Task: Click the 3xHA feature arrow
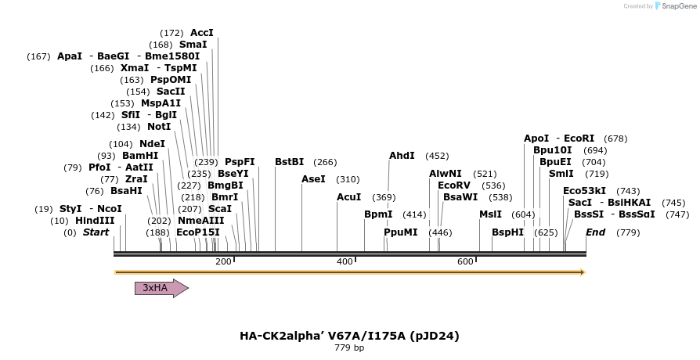(161, 288)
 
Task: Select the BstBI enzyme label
(289, 162)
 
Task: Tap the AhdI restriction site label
(402, 156)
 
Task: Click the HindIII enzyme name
(95, 221)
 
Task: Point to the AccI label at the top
(202, 33)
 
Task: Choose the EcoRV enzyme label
(454, 185)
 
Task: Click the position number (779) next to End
(628, 232)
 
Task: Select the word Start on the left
(96, 232)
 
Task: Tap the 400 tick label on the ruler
(345, 261)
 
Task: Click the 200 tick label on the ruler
(223, 261)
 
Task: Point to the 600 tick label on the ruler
(466, 261)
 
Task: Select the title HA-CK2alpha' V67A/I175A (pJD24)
(349, 336)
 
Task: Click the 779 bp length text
(349, 347)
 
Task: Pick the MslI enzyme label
(490, 214)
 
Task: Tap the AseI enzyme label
(313, 179)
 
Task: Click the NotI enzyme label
(159, 127)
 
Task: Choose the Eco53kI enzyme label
(584, 191)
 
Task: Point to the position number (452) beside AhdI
(437, 156)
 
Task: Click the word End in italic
(595, 232)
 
